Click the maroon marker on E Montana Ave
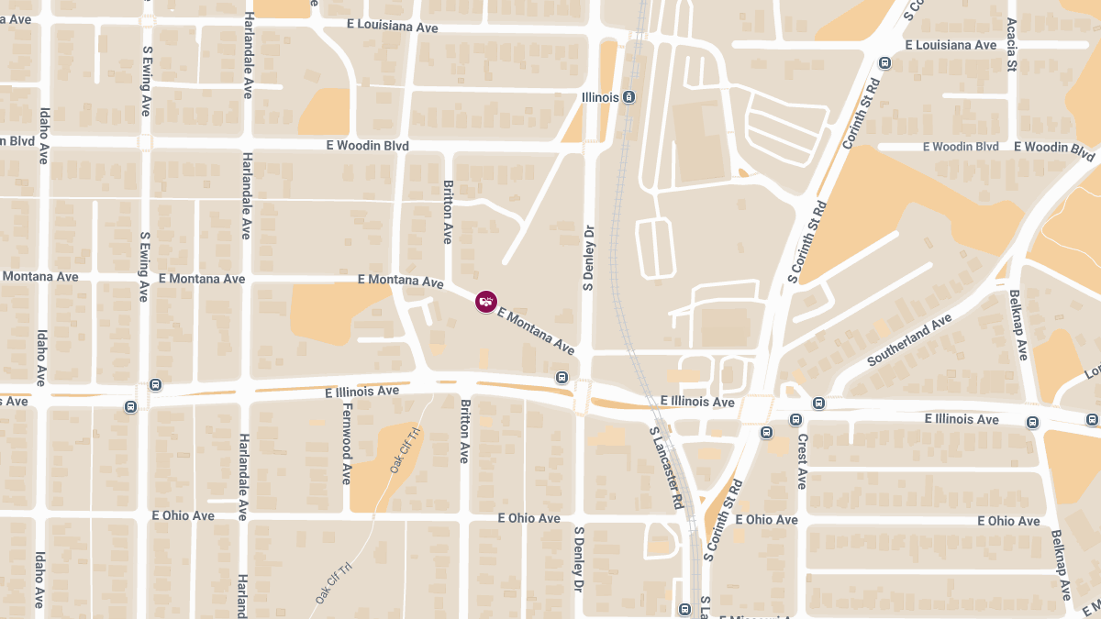[x=486, y=301]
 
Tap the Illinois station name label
[x=601, y=97]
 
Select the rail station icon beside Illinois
[x=629, y=97]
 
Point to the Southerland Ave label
[x=910, y=339]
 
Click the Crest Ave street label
[x=801, y=461]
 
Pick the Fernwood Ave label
[x=347, y=444]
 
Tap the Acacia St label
[x=1011, y=43]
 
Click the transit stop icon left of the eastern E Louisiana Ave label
[x=884, y=63]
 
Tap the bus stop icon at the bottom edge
[x=684, y=610]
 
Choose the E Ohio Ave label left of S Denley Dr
[x=528, y=518]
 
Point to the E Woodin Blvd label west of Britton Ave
[x=367, y=146]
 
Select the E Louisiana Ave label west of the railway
[x=393, y=28]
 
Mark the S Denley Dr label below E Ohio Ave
[x=579, y=559]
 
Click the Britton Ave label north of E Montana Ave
[x=449, y=211]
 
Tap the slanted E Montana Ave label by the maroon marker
[x=536, y=331]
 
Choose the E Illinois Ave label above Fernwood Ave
[x=362, y=392]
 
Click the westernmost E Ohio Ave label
[x=183, y=515]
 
